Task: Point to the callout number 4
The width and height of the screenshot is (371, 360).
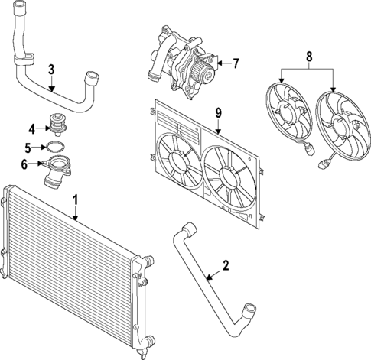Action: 31,128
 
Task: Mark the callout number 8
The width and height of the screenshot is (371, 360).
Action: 309,56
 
